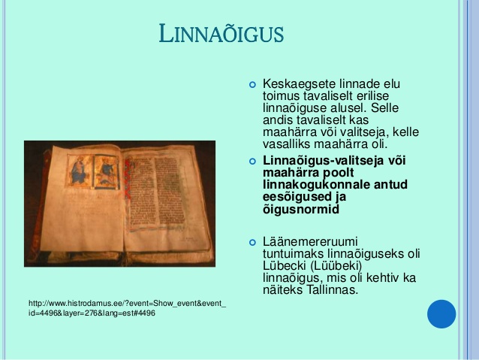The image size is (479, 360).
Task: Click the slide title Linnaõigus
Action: pyautogui.click(x=221, y=33)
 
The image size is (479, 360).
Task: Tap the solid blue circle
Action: pyautogui.click(x=441, y=314)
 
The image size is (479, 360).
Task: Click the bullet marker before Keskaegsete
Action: pyautogui.click(x=252, y=84)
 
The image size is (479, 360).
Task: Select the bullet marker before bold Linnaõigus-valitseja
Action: pyautogui.click(x=252, y=161)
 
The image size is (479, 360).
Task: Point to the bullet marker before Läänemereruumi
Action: pyautogui.click(x=252, y=243)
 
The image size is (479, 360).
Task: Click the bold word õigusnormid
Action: pyautogui.click(x=301, y=210)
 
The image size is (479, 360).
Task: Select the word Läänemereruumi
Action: pyautogui.click(x=310, y=242)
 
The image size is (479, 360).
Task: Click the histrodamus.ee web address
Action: pyautogui.click(x=128, y=308)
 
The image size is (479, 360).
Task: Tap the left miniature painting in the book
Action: pyautogui.click(x=79, y=171)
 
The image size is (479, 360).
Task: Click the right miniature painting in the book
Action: pyautogui.click(x=106, y=172)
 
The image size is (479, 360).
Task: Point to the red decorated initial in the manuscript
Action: pyautogui.click(x=128, y=180)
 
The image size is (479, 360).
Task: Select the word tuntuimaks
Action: pyautogui.click(x=293, y=253)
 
